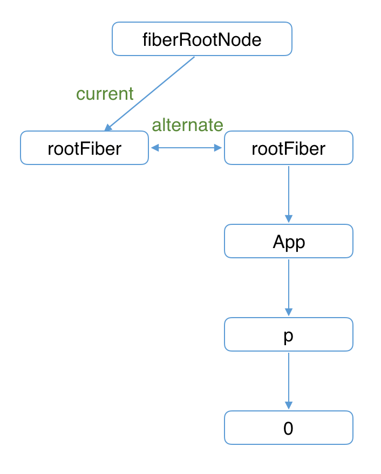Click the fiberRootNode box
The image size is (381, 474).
(x=202, y=39)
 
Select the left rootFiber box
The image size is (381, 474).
(x=84, y=148)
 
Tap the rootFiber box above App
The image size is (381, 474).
(x=288, y=148)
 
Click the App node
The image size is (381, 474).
(x=288, y=241)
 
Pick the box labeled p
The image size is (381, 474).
(x=288, y=334)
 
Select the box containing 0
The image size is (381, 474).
(x=288, y=428)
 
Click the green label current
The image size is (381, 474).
(x=105, y=94)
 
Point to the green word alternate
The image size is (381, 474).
(x=187, y=125)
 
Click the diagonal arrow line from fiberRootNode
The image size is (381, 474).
(x=151, y=92)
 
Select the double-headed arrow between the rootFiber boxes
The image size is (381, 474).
(x=187, y=148)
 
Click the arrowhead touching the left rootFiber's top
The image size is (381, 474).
(x=108, y=128)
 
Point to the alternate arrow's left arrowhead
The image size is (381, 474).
(x=154, y=148)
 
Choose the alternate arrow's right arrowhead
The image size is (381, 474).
(x=219, y=148)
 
